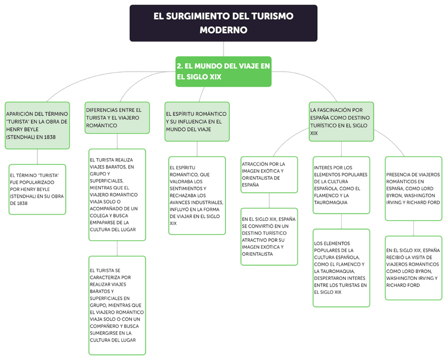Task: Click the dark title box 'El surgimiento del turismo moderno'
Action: click(224, 23)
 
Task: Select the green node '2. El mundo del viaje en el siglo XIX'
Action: click(224, 72)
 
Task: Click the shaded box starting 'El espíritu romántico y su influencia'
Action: click(197, 121)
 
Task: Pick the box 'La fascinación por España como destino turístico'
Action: click(341, 121)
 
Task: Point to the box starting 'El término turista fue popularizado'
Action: click(37, 189)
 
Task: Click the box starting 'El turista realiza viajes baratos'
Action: click(117, 194)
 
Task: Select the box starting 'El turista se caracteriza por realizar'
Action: click(117, 305)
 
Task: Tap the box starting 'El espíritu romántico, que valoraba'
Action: click(197, 195)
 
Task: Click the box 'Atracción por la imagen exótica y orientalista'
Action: click(269, 174)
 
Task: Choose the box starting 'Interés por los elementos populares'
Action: click(341, 185)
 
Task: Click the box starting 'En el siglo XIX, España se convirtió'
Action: click(269, 236)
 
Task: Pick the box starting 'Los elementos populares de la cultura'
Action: click(341, 267)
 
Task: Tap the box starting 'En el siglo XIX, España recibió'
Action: click(413, 268)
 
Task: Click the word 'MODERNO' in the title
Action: click(224, 31)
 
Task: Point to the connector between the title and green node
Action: click(224, 49)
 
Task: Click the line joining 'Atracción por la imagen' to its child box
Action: click(269, 201)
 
